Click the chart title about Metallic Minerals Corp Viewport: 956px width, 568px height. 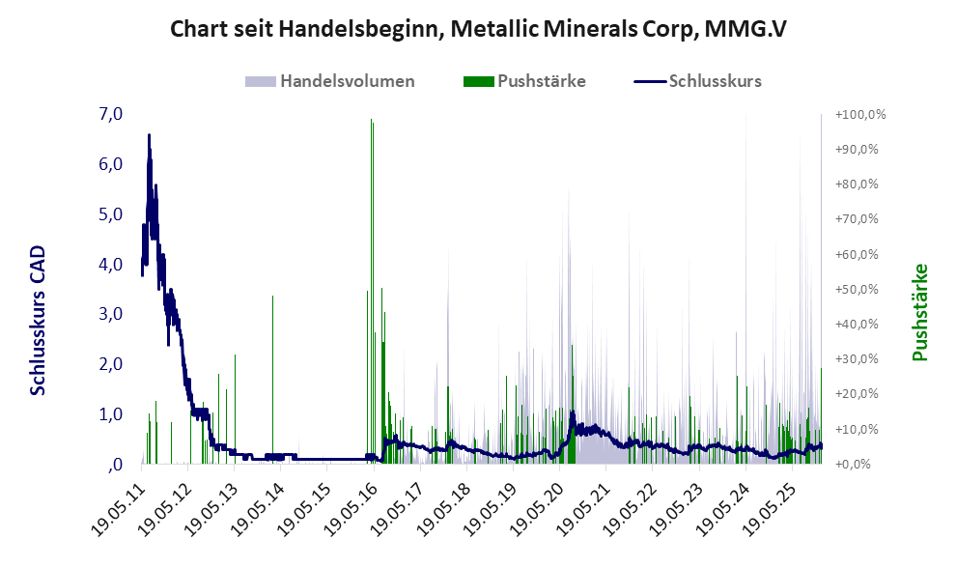tap(478, 29)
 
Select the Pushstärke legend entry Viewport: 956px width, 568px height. tap(542, 81)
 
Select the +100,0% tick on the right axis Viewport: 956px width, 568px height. tap(860, 115)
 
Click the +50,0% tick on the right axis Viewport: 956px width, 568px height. tap(860, 290)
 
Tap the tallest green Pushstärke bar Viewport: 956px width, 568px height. tap(372, 290)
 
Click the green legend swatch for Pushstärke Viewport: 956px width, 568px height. tap(478, 81)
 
